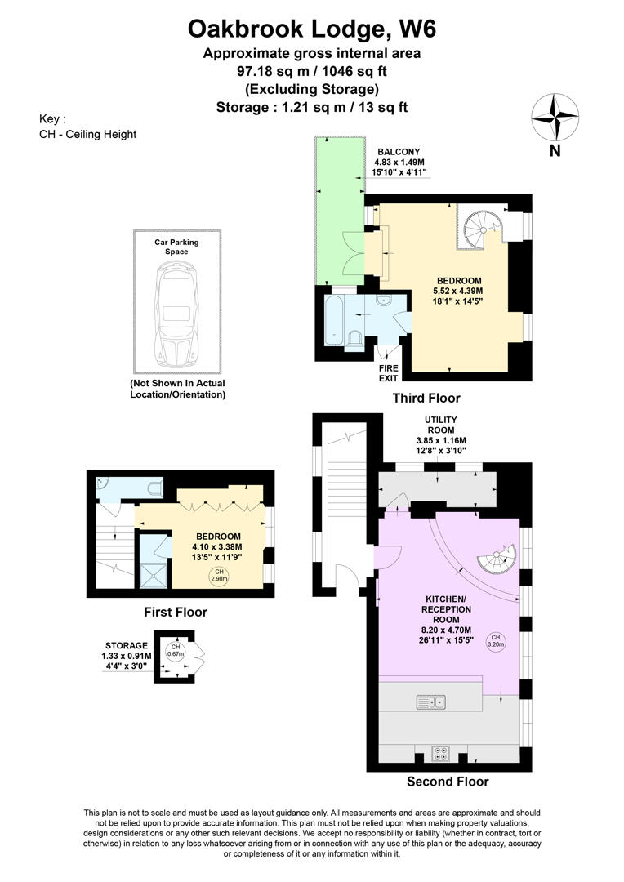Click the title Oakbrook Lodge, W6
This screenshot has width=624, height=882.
click(x=312, y=29)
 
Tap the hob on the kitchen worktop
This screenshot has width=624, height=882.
click(x=441, y=753)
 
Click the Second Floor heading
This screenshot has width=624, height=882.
click(x=448, y=782)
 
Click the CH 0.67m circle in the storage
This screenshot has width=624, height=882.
click(x=174, y=651)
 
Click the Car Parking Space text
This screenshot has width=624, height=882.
click(x=177, y=247)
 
